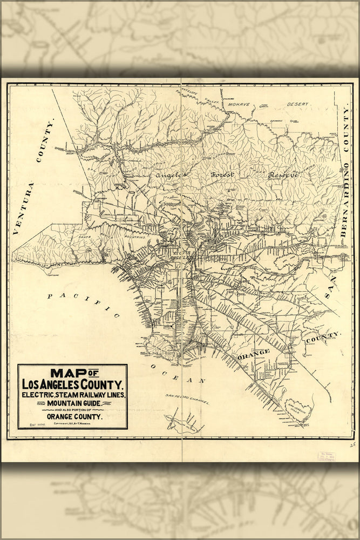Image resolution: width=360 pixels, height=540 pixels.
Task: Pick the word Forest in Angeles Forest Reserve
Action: pos(221,175)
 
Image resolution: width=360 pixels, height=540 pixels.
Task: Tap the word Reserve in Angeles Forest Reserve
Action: pos(283,175)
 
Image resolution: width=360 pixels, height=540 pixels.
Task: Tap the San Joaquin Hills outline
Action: pos(298,409)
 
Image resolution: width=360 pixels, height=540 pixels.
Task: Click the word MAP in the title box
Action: pos(68,373)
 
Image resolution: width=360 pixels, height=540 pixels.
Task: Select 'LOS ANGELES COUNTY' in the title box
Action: pos(72,384)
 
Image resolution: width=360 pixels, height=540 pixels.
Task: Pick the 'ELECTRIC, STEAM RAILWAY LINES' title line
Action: pos(73,395)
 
